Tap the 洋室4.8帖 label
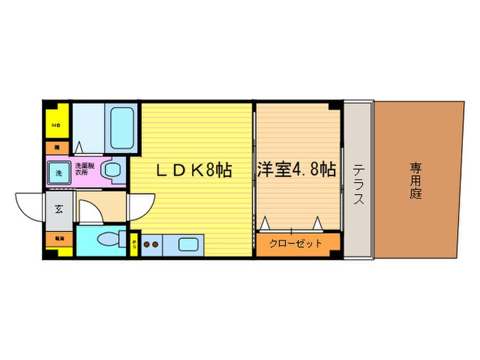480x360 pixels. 297,169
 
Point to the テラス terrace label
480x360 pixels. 358,184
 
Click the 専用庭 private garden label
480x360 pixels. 416,180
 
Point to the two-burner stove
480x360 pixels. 152,243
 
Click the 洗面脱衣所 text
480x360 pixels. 85,167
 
